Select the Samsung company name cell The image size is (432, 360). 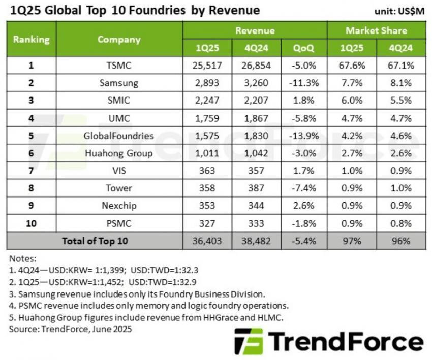(119, 83)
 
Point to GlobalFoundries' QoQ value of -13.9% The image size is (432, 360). (303, 136)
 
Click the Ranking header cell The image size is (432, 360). (32, 39)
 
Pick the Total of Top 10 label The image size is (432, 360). (95, 241)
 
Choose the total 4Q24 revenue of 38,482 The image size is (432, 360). (256, 241)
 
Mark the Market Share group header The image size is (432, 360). (376, 30)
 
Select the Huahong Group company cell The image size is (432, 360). (119, 153)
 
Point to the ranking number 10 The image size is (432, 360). (32, 223)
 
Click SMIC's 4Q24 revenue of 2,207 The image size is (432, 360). (256, 101)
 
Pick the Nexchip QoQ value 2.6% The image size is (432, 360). (303, 206)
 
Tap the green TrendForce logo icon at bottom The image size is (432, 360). (249, 341)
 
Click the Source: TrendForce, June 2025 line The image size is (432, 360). (71, 329)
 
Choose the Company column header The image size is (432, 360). (119, 39)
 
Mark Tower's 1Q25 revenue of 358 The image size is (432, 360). (207, 188)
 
